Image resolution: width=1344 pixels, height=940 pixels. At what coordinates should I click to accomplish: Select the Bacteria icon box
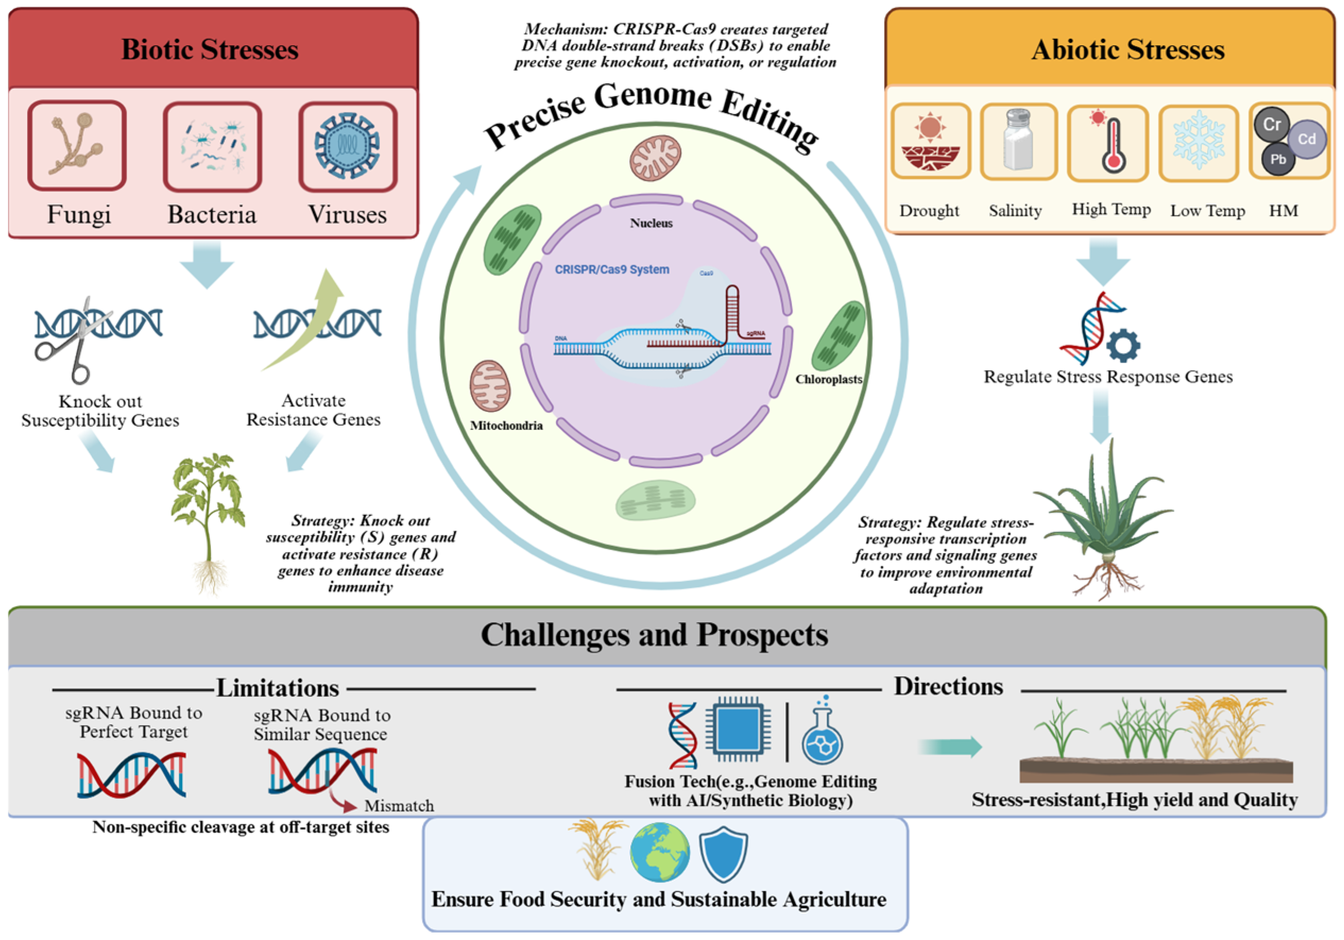[x=212, y=147]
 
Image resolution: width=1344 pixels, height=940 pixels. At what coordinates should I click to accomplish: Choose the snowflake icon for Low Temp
[x=1199, y=140]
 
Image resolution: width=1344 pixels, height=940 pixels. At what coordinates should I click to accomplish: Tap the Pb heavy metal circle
[x=1278, y=159]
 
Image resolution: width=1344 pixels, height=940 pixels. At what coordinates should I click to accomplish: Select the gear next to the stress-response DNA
[x=1123, y=346]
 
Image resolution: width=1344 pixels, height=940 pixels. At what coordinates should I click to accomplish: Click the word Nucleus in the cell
[x=651, y=223]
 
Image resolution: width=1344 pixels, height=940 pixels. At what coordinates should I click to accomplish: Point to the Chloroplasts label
[x=828, y=379]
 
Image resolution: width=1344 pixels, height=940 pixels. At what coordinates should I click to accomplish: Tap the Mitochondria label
[x=507, y=425]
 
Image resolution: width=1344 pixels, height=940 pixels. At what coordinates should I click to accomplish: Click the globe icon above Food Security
[x=660, y=852]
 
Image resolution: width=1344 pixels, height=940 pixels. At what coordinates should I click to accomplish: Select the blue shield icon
[x=724, y=854]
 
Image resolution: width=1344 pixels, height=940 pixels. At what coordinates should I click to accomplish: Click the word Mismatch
[x=399, y=806]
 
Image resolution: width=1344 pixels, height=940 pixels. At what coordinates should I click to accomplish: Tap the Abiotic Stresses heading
[x=1127, y=49]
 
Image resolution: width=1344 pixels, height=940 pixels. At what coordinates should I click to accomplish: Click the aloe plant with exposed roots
[x=1103, y=521]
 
